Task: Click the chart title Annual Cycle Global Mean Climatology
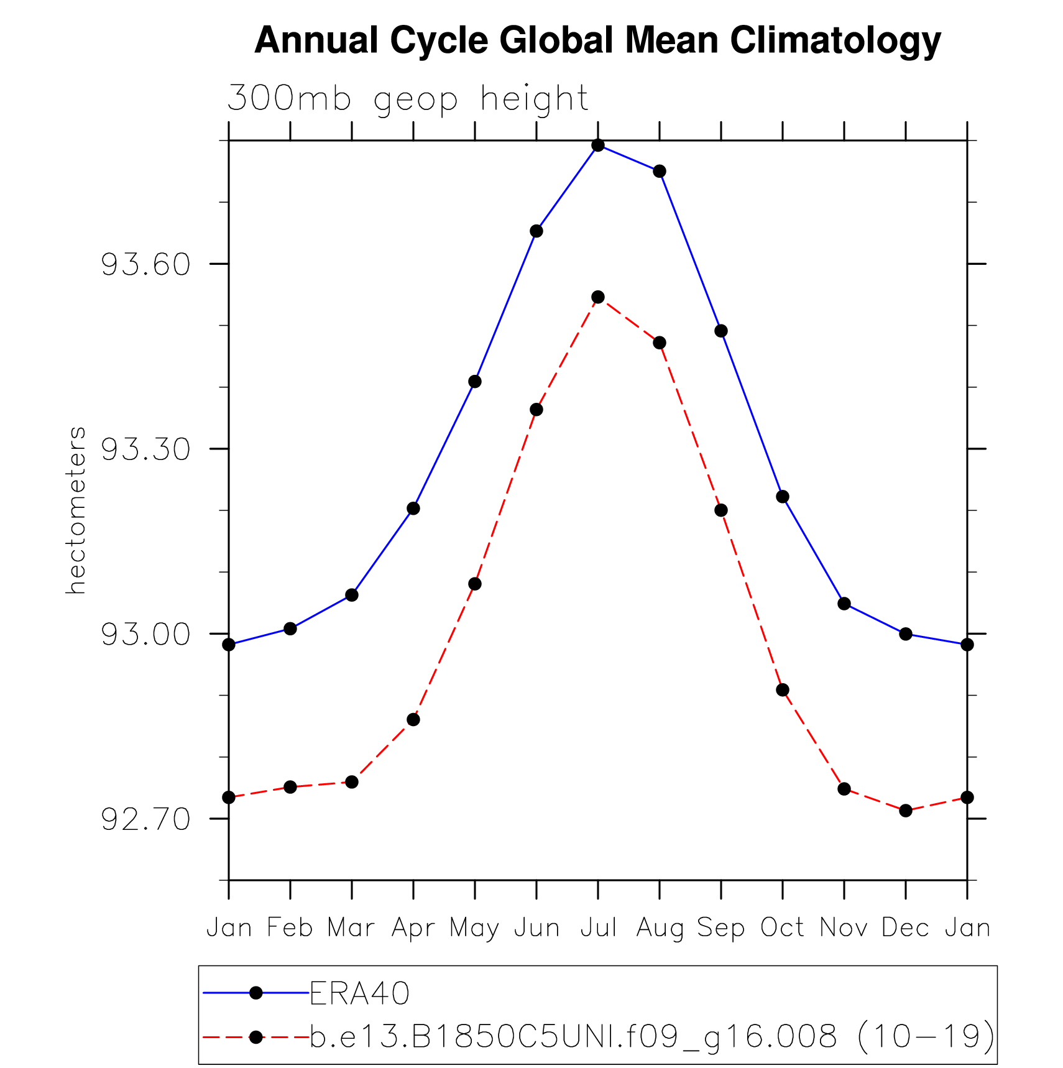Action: pos(597,41)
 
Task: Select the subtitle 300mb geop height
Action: pos(407,99)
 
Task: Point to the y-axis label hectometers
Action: pos(76,510)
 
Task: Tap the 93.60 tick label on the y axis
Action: pos(145,265)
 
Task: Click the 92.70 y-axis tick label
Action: pos(145,820)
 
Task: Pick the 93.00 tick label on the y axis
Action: pos(145,635)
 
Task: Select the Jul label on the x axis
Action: pos(598,928)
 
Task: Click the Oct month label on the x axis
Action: pos(783,928)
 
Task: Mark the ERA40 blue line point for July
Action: pos(598,145)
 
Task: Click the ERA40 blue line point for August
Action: pos(660,172)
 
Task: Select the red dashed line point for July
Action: pos(598,297)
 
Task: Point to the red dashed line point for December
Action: pos(906,811)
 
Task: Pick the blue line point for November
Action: pos(844,604)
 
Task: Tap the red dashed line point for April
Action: pos(413,720)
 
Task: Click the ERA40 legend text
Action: pos(360,993)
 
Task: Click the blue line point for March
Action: pos(352,596)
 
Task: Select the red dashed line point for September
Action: pos(721,510)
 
